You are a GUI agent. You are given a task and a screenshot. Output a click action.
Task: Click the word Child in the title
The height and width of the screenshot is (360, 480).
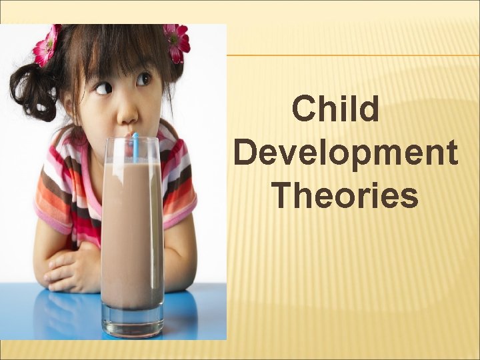click(x=336, y=109)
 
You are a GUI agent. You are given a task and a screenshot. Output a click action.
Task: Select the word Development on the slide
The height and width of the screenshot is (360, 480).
click(x=346, y=153)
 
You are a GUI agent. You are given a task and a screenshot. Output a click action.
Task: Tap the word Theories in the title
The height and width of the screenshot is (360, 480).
click(x=345, y=195)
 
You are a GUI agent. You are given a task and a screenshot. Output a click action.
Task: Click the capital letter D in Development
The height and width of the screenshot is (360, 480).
click(x=246, y=153)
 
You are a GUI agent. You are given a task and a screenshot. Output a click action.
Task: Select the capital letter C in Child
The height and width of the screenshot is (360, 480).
click(x=303, y=109)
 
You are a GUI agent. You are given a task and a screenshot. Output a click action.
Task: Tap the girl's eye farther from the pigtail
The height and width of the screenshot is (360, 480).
click(x=143, y=80)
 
